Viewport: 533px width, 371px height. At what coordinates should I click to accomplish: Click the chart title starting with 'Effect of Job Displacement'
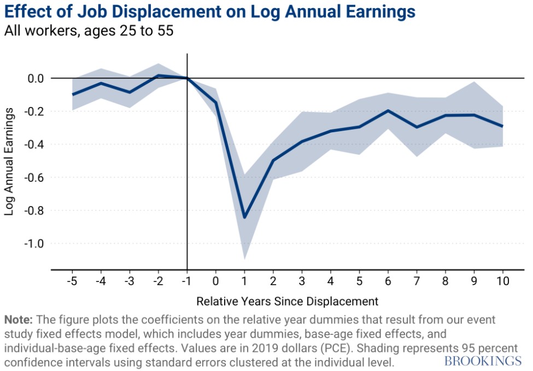click(x=210, y=11)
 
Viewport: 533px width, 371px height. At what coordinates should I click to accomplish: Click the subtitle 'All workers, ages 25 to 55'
click(x=89, y=31)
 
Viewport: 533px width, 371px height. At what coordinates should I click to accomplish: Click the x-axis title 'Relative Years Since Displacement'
click(x=287, y=301)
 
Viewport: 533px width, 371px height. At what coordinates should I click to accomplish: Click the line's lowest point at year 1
click(x=244, y=217)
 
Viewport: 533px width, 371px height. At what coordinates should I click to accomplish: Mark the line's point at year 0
click(x=216, y=102)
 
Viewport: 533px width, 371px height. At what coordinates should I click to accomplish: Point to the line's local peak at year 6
click(x=388, y=110)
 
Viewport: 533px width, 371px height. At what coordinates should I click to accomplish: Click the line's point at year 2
click(x=273, y=160)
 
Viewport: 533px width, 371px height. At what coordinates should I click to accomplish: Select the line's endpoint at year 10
click(x=503, y=126)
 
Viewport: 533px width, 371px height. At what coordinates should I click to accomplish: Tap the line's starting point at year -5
click(x=72, y=95)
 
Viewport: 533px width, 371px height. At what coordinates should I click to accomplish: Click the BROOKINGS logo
click(x=483, y=361)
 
